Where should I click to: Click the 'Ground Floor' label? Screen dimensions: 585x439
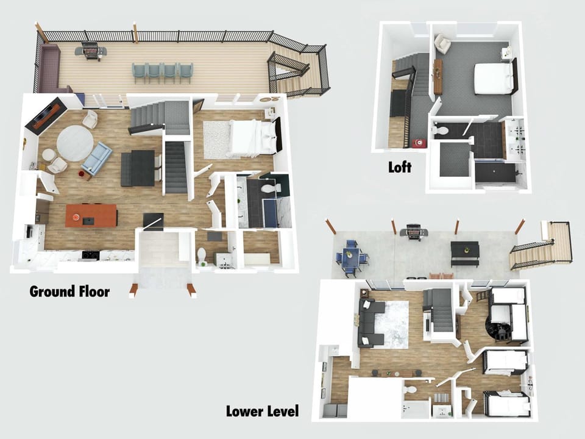tap(69, 291)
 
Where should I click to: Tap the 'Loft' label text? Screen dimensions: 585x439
tap(400, 167)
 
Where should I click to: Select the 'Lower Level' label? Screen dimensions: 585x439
tap(262, 411)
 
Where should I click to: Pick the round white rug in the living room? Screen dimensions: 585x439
tap(75, 143)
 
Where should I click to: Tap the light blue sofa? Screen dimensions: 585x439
tap(97, 159)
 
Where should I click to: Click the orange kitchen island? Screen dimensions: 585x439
tap(91, 215)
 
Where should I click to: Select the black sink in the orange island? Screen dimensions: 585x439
tap(88, 221)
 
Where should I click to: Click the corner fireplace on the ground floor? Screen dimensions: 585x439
tap(46, 113)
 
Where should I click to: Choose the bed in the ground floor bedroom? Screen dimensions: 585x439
tap(253, 138)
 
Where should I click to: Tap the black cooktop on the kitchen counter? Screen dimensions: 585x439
tap(91, 255)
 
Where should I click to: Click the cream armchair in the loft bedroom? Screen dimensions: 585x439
tap(443, 43)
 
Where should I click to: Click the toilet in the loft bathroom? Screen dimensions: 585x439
tap(441, 130)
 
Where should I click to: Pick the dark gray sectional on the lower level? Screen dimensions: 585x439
tap(369, 323)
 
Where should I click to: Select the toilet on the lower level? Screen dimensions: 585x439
tap(409, 390)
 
